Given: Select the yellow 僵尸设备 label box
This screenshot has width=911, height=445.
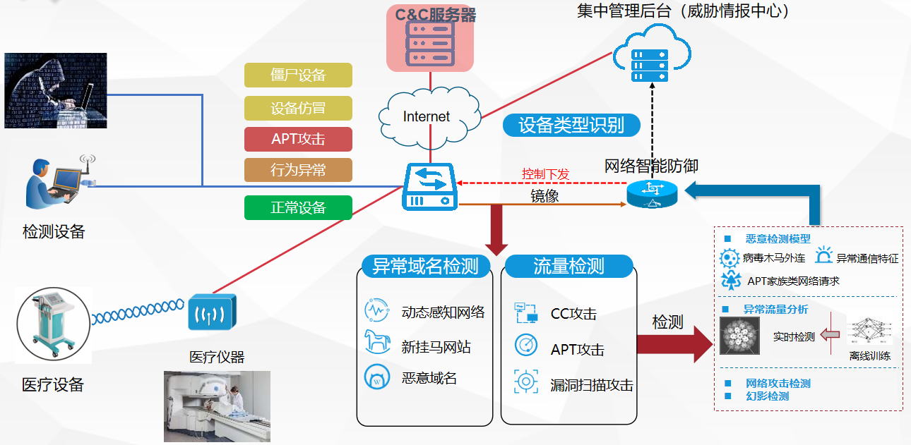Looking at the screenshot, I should [298, 75].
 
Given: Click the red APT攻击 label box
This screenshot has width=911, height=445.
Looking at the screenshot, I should [298, 139].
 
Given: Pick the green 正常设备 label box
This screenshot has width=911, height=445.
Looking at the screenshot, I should [298, 207].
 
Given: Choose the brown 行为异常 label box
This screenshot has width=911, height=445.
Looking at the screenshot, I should [298, 170].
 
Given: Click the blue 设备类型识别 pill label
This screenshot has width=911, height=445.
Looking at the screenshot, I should [571, 126].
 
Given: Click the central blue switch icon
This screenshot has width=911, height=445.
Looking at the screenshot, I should [430, 187].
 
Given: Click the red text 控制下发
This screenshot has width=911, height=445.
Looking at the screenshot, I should [545, 174].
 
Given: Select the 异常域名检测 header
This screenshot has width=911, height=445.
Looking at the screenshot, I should [426, 266].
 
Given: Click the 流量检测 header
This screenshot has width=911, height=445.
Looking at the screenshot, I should [568, 266].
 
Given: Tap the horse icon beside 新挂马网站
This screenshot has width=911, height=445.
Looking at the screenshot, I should [377, 343].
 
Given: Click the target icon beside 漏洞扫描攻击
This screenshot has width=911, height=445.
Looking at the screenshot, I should [525, 382].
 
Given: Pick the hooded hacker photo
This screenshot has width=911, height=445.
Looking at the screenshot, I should [56, 90].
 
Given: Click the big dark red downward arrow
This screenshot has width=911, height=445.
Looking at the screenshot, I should [497, 230].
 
